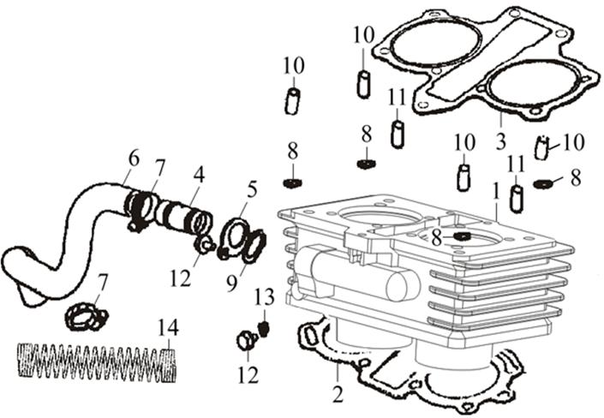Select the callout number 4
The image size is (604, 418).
pyautogui.click(x=199, y=174)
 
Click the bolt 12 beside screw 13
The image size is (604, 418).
pyautogui.click(x=246, y=342)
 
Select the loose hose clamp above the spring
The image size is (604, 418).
pyautogui.click(x=87, y=317)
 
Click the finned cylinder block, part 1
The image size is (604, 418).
pyautogui.click(x=420, y=274)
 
